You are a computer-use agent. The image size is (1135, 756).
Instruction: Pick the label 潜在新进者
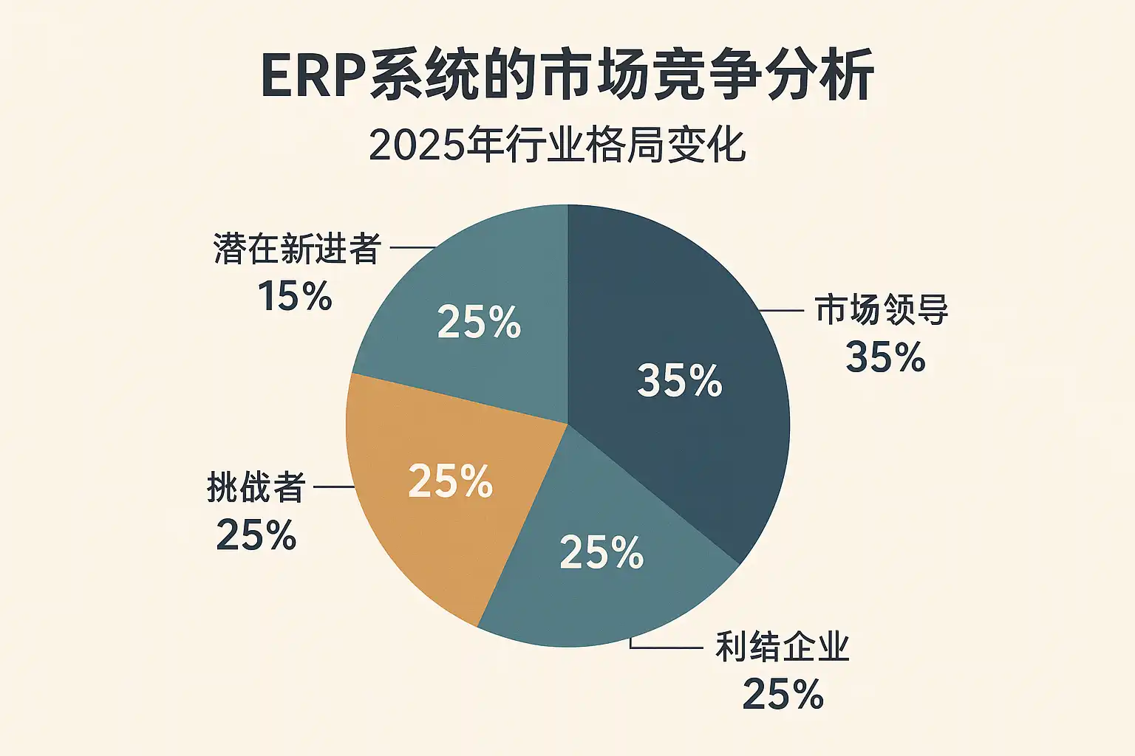coord(297,249)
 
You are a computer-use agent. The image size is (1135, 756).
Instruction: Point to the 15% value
coord(295,296)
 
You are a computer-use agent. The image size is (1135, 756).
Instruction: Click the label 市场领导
coord(882,310)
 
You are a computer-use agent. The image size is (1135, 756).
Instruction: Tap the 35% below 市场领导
coord(885,357)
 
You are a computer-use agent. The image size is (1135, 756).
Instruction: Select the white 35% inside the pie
coord(679,381)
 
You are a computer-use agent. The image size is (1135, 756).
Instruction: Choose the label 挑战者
coord(256,488)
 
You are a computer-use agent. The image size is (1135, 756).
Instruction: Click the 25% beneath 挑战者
coord(256,535)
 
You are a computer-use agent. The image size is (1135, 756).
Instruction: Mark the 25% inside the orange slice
coord(450,481)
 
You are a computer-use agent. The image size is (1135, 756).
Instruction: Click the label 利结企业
coord(783,647)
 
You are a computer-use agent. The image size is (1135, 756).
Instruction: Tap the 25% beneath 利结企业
coord(783,695)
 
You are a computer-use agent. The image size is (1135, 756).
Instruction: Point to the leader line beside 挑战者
coord(334,487)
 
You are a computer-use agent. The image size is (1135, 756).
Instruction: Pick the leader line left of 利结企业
coord(665,647)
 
